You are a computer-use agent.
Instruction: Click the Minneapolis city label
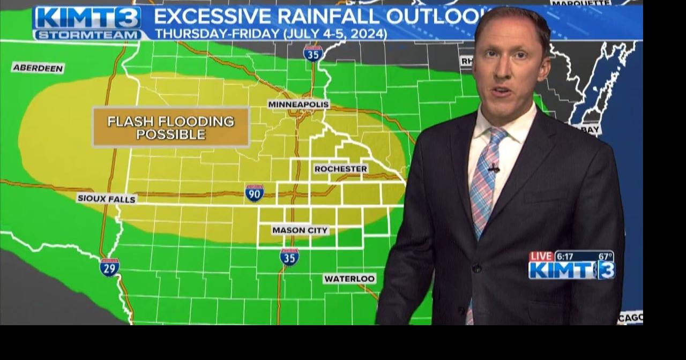tap(299, 104)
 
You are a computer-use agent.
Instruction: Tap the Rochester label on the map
tap(341, 169)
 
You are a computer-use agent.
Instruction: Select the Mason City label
tap(300, 230)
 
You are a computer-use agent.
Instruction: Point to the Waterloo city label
tap(349, 279)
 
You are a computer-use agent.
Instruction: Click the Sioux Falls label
tap(107, 199)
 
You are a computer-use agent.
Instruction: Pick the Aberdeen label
tap(38, 68)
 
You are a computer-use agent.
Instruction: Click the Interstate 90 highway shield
tap(255, 193)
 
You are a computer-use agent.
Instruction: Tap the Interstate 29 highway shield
tap(109, 267)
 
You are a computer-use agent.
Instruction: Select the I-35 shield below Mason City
tap(289, 257)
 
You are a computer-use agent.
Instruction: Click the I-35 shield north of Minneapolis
tap(313, 54)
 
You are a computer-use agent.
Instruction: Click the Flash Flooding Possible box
tap(171, 127)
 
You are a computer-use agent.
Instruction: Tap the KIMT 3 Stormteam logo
tap(88, 23)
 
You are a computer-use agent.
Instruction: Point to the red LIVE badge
tap(541, 257)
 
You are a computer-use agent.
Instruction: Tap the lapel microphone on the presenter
tap(494, 168)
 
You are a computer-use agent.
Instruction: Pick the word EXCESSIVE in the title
tap(212, 16)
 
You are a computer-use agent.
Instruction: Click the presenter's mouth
tap(502, 91)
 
